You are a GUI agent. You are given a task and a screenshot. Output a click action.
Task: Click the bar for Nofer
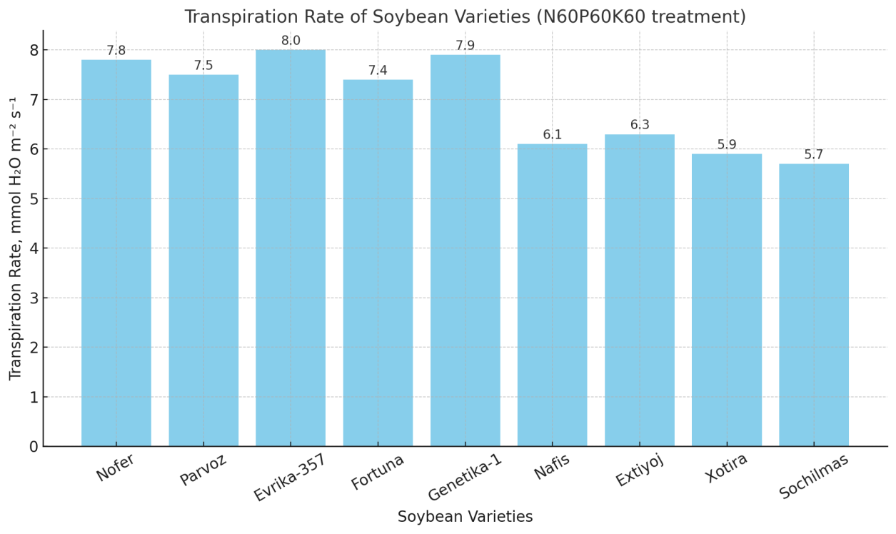116,253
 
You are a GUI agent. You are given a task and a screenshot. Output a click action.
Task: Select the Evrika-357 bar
291,248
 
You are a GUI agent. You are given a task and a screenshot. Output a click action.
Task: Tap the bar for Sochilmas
814,305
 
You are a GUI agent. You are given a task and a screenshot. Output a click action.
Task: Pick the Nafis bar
552,295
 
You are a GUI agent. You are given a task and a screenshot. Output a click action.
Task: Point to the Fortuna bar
378,263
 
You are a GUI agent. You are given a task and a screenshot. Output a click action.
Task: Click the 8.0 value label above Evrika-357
291,41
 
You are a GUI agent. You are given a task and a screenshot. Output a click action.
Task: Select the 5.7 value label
814,155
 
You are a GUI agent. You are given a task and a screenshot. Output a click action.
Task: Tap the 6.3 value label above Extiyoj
640,125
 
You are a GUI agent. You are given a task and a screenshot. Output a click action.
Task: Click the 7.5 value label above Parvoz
203,66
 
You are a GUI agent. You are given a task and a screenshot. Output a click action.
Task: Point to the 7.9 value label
465,46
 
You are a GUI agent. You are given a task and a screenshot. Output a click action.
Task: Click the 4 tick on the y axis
33,248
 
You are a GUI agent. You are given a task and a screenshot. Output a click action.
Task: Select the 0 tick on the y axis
33,447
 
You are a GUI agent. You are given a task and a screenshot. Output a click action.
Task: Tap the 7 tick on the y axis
33,100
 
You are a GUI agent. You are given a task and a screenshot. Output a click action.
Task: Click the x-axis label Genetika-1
465,476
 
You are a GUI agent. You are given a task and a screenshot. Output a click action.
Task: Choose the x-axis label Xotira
727,468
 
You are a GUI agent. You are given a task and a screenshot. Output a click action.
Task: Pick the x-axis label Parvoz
203,469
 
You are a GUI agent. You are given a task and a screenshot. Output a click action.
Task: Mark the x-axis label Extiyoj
640,469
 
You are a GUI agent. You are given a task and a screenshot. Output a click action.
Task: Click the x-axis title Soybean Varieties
465,517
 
